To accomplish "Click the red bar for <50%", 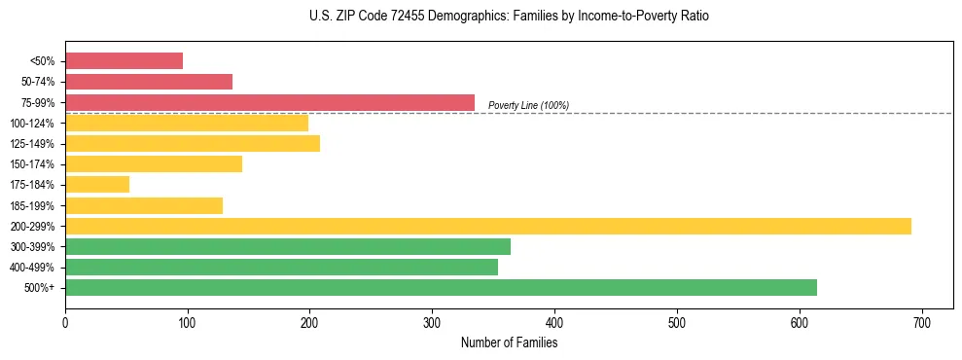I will click(124, 61).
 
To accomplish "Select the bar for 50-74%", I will click(149, 82).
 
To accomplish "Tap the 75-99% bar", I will click(269, 102).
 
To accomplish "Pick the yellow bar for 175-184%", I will click(97, 185).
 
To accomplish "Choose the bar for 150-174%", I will click(154, 164).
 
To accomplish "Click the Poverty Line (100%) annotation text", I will click(528, 105).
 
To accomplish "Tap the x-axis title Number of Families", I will click(509, 343).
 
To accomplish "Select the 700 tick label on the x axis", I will click(922, 320).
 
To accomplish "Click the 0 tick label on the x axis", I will click(65, 320).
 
